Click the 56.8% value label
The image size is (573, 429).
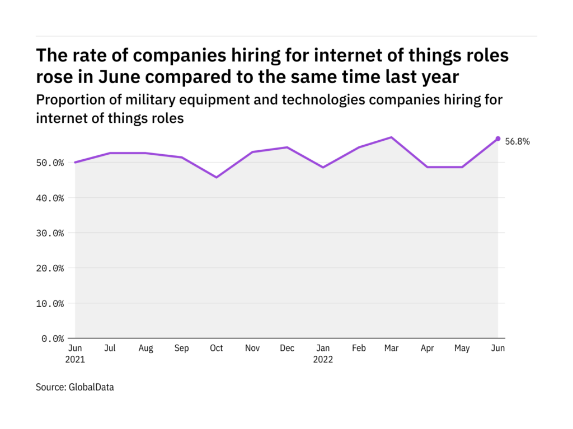517,142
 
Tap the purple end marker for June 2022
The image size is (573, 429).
497,139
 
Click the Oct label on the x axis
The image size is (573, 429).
216,348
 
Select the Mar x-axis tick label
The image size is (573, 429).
392,348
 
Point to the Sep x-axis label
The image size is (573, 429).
181,348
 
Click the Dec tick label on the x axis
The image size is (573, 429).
286,348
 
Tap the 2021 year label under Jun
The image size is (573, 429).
75,360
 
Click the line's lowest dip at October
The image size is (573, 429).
216,177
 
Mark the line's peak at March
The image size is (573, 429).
392,137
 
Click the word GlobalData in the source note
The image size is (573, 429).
91,387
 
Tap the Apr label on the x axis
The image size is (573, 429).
427,348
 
